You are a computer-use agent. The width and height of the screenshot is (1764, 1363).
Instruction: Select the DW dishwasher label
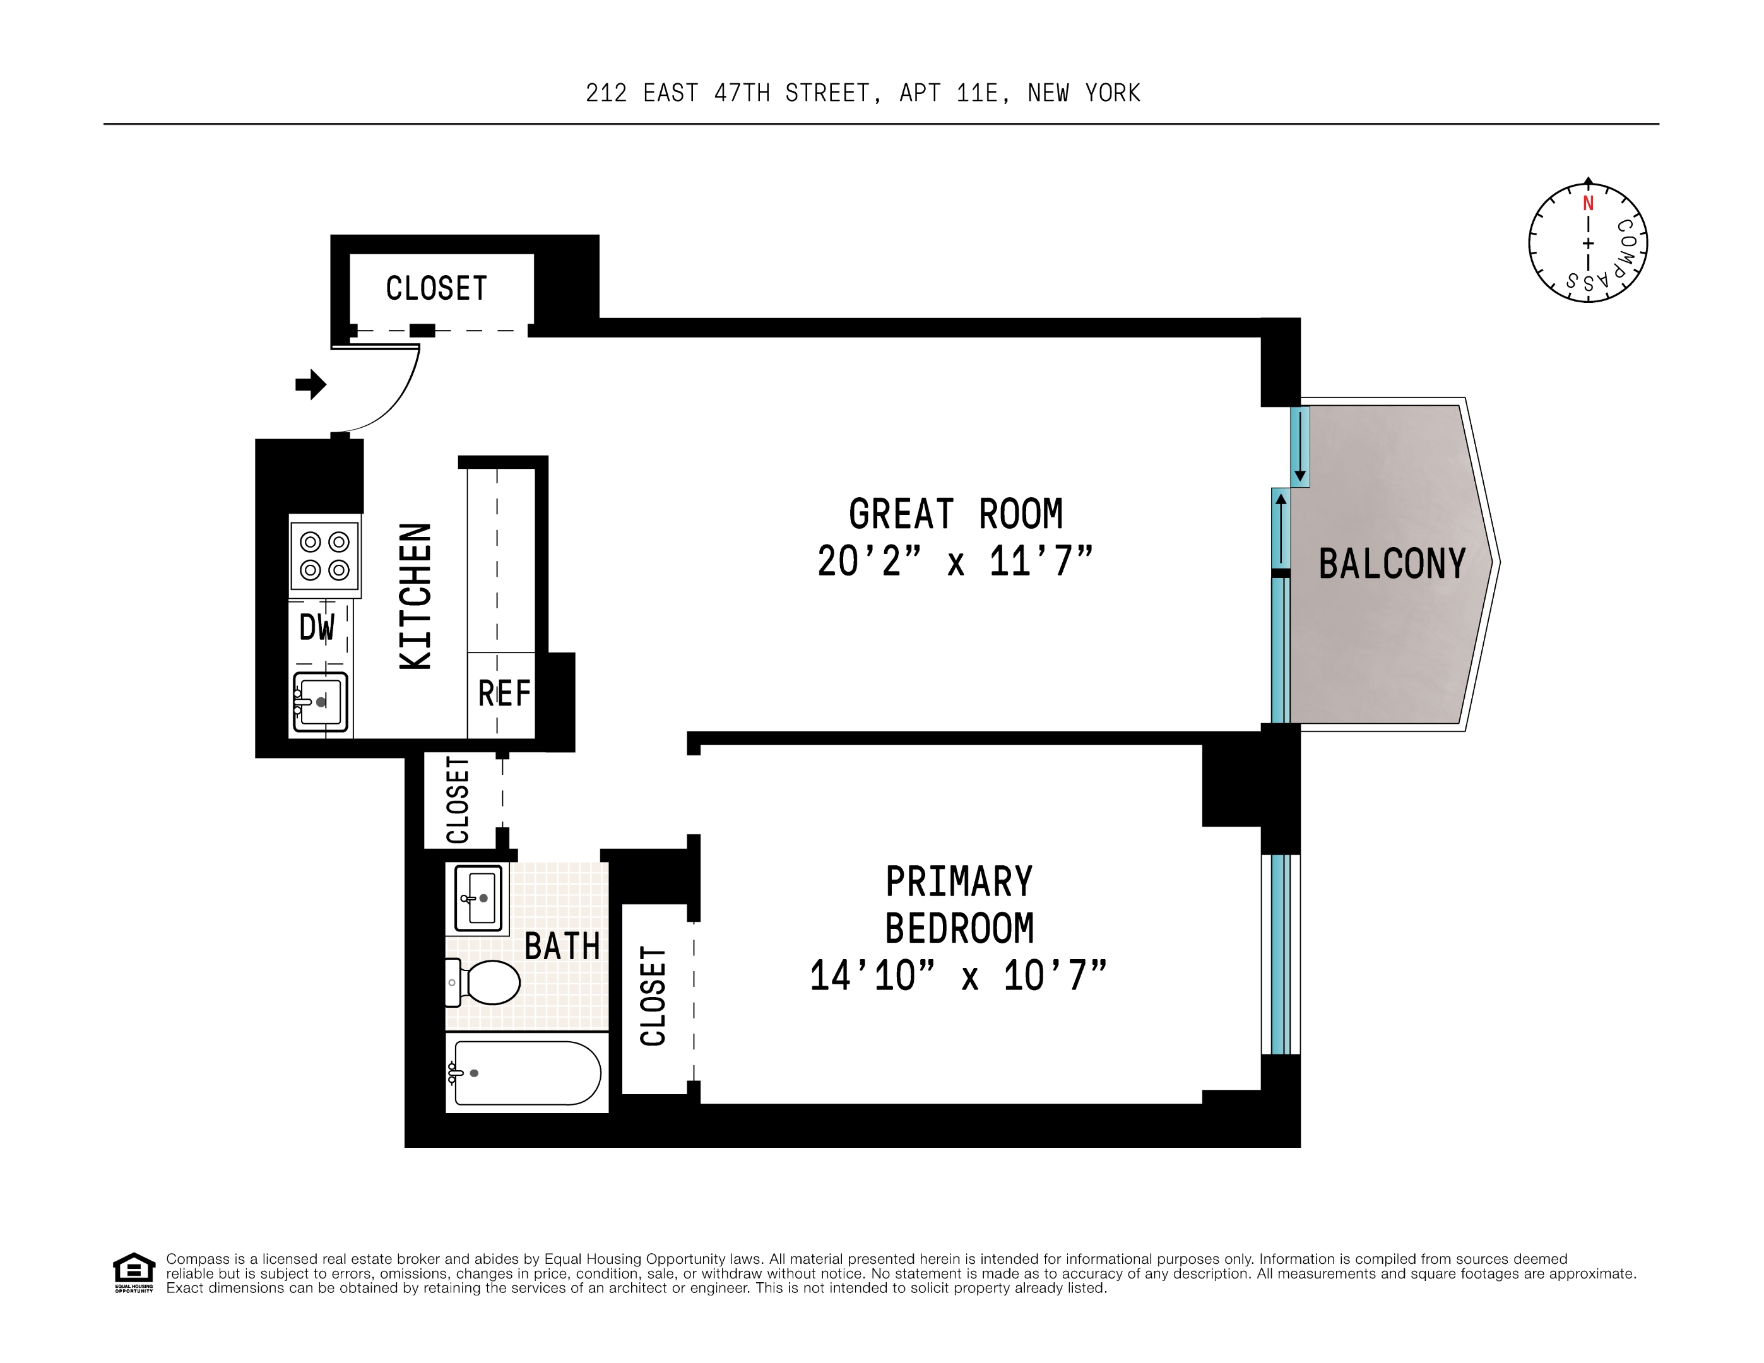click(x=317, y=627)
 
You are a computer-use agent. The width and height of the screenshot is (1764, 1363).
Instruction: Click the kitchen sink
click(x=321, y=702)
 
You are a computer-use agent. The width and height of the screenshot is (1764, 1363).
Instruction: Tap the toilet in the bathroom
click(x=485, y=982)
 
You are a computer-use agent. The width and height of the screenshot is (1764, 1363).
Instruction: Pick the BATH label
click(x=562, y=947)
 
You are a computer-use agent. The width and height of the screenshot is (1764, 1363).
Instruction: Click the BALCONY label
click(x=1392, y=563)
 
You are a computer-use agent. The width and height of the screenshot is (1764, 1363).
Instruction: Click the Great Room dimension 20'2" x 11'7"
click(x=955, y=561)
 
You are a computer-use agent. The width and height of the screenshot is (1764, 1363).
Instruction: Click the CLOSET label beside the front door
click(x=436, y=288)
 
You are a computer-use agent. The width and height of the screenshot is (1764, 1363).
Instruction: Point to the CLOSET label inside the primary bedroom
click(x=653, y=996)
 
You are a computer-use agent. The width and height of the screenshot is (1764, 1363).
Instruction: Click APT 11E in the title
click(x=953, y=93)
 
